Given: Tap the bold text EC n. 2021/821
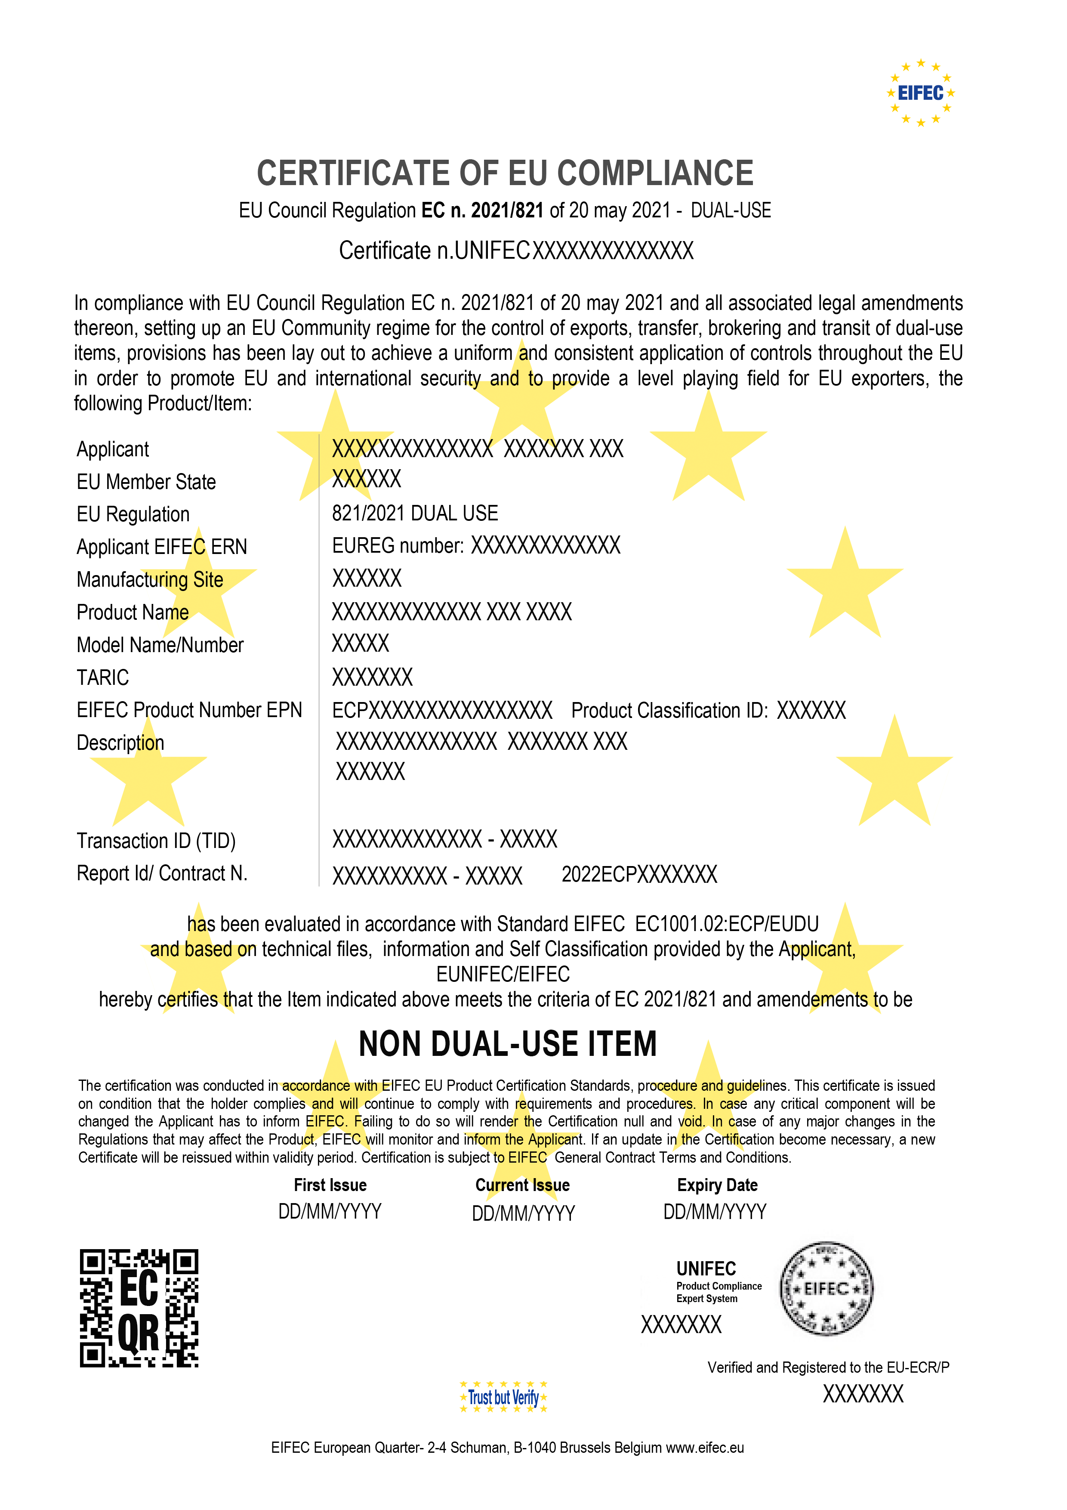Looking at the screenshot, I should pos(482,210).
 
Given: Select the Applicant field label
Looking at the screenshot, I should pos(113,449).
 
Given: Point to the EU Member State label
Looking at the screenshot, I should pos(146,482).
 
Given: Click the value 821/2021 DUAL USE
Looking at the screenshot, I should pos(415,514).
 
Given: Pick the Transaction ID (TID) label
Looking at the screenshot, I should pos(156,841).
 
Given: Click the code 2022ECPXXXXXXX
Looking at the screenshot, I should pos(639,875).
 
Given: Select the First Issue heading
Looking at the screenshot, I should pos(330,1185).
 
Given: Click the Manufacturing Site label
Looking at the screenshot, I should pos(150,579).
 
